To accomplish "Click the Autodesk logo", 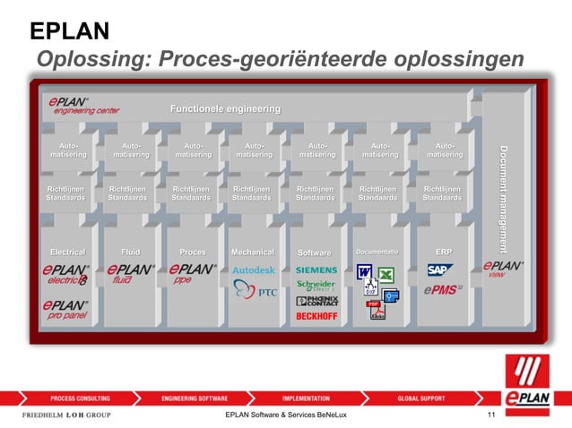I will point(254,270).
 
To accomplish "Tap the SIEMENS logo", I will point(316,270).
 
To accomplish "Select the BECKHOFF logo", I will point(316,316).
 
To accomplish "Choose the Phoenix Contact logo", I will point(316,302).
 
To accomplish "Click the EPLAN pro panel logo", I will point(66,310).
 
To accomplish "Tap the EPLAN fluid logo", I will point(130,272).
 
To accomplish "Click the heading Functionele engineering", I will point(225,109).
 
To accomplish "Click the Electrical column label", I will point(67,253).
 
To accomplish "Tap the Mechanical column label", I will point(253,253).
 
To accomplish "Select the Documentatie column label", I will point(377,253).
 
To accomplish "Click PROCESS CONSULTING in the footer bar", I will point(80,398).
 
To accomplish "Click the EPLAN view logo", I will point(502,269).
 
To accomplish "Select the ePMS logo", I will point(443,289).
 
